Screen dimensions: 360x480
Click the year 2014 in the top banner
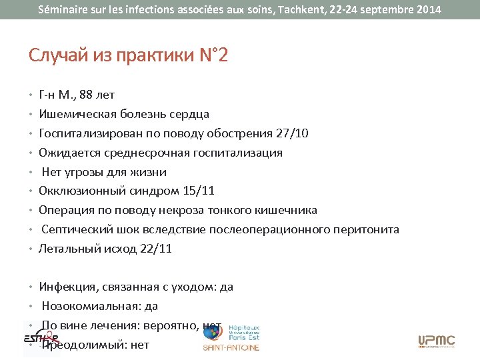424,10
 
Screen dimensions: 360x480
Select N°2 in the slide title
213,55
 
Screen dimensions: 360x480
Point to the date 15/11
198,191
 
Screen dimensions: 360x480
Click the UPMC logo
436,341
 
